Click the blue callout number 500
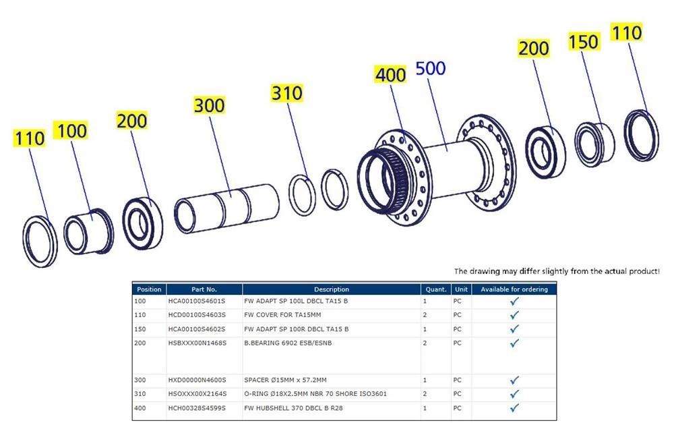(431, 69)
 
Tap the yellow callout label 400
(390, 74)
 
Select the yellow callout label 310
(286, 93)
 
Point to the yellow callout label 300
(209, 105)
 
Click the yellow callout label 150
(583, 42)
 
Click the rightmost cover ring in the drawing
(640, 135)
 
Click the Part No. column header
(204, 289)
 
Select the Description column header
(331, 289)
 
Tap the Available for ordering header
(514, 289)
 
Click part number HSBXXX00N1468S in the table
(197, 343)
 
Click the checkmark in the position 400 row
(514, 407)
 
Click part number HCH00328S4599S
(197, 407)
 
